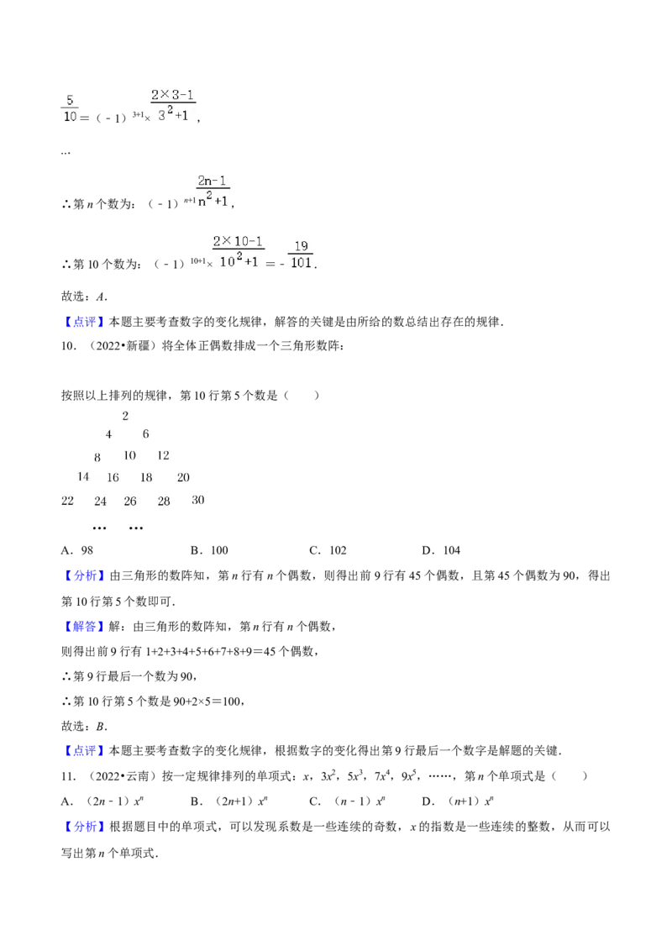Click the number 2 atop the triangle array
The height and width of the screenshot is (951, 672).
pyautogui.click(x=125, y=416)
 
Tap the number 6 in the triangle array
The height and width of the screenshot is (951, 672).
pyautogui.click(x=145, y=434)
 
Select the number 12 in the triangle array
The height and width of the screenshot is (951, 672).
pyautogui.click(x=163, y=455)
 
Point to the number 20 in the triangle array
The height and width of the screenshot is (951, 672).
pyautogui.click(x=183, y=478)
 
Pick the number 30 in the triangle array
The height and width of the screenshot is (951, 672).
pyautogui.click(x=197, y=501)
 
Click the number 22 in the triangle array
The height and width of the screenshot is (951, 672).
pyautogui.click(x=67, y=501)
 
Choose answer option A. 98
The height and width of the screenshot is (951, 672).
pyautogui.click(x=77, y=551)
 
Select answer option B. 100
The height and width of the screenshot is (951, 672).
pyautogui.click(x=209, y=551)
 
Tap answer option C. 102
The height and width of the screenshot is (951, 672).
pyautogui.click(x=328, y=551)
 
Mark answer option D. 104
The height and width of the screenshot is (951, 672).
pyautogui.click(x=441, y=551)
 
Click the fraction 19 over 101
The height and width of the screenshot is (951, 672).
pyautogui.click(x=302, y=255)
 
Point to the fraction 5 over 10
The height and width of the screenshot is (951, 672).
pyautogui.click(x=70, y=108)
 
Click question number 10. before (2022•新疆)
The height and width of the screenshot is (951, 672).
pyautogui.click(x=69, y=346)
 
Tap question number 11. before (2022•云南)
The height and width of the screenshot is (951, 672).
pyautogui.click(x=69, y=776)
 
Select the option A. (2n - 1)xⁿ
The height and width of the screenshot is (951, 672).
pyautogui.click(x=102, y=801)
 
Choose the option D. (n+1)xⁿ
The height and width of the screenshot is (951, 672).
pyautogui.click(x=458, y=801)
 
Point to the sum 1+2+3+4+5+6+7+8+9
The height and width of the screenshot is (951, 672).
pyautogui.click(x=205, y=652)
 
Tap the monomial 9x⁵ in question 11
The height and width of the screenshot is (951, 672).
pyautogui.click(x=408, y=775)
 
